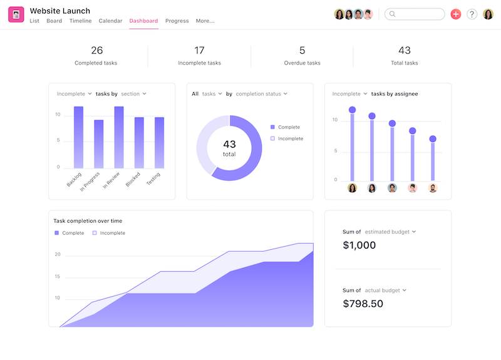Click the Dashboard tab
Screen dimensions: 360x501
pyautogui.click(x=143, y=21)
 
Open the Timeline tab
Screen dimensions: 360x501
pyautogui.click(x=80, y=21)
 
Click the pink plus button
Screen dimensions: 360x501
pyautogui.click(x=455, y=14)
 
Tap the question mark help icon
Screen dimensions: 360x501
pyautogui.click(x=472, y=14)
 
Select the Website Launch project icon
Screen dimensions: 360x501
pyautogui.click(x=16, y=14)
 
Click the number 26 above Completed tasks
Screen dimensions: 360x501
pyautogui.click(x=96, y=50)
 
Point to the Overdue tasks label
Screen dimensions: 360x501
pyautogui.click(x=302, y=63)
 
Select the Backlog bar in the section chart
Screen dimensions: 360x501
pyautogui.click(x=78, y=136)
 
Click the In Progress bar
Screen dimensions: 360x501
pyautogui.click(x=99, y=143)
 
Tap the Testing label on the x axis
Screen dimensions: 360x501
pyautogui.click(x=153, y=178)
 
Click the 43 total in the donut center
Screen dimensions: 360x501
pyautogui.click(x=229, y=148)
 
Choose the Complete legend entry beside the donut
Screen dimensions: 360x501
pyautogui.click(x=289, y=126)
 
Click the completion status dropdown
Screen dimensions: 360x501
pyautogui.click(x=262, y=94)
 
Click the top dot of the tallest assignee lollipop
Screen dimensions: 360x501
pyautogui.click(x=352, y=110)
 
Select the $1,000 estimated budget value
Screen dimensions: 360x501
pyautogui.click(x=359, y=245)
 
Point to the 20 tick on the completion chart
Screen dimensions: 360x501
pyautogui.click(x=57, y=255)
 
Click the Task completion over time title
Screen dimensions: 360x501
pyautogui.click(x=88, y=221)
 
